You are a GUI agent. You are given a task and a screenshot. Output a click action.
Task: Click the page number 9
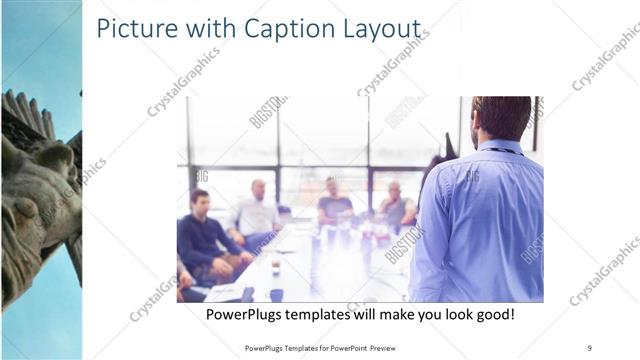click(590, 347)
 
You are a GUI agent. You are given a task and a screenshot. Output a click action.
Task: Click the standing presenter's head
click(500, 117)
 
